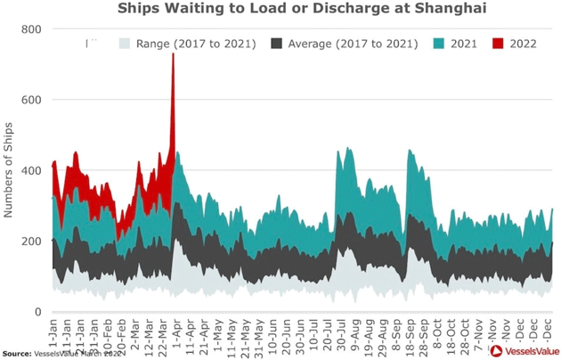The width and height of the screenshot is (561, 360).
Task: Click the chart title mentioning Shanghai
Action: click(x=280, y=10)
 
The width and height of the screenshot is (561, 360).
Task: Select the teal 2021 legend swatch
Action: click(x=439, y=43)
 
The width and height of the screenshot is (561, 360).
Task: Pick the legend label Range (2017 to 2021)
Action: click(x=197, y=43)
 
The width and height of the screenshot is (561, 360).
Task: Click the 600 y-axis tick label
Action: click(x=32, y=100)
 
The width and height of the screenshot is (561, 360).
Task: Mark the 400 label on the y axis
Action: click(x=32, y=170)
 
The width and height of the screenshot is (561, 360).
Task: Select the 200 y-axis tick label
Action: click(x=32, y=241)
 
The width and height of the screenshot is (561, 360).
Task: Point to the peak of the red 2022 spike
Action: click(x=173, y=54)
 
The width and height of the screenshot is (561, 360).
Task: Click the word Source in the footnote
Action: click(x=17, y=354)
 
